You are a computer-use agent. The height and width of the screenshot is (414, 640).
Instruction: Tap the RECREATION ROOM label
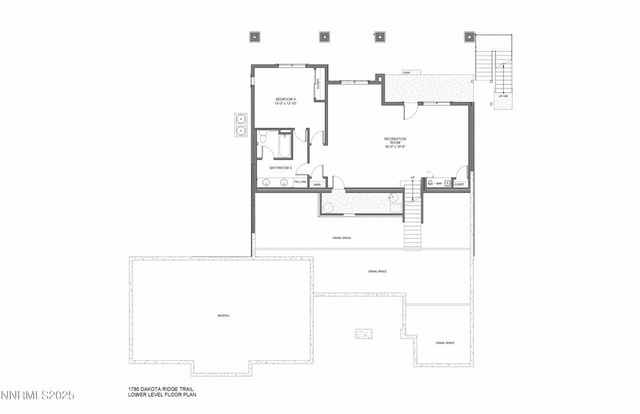point(395,140)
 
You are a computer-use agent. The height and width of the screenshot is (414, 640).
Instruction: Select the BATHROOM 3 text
point(280,168)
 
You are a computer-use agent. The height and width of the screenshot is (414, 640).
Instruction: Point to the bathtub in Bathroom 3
point(285,145)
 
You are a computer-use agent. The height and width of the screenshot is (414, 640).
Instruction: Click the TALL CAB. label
point(300,182)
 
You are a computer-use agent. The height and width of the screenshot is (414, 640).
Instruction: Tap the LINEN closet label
point(316,184)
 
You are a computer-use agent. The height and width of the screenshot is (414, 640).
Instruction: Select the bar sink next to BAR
point(447,183)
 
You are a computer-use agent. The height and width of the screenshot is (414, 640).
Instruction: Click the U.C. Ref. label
point(430,183)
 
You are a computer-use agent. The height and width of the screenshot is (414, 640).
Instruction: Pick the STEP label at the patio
point(406,73)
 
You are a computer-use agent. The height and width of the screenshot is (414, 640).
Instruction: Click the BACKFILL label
point(223,315)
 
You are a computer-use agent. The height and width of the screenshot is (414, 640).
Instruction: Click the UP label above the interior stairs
point(412,177)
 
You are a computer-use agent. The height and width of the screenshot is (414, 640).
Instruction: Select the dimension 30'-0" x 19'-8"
point(394,147)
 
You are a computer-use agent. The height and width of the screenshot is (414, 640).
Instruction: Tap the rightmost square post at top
point(469,36)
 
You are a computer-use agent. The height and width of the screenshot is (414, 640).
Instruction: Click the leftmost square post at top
point(254,36)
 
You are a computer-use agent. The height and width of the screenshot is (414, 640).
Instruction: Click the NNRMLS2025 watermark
point(37,395)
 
